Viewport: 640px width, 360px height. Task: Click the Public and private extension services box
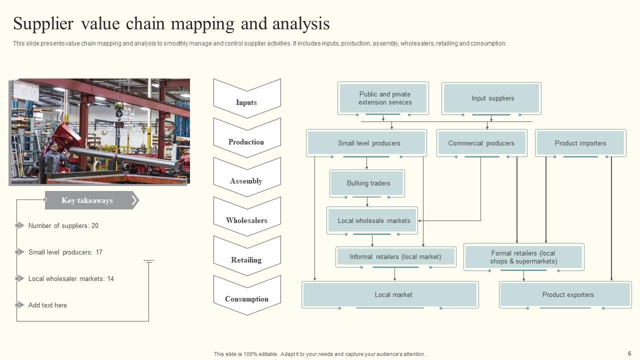383,98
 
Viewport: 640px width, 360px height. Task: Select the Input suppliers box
491,98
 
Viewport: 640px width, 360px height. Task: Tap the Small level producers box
366,143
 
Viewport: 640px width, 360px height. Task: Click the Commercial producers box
481,143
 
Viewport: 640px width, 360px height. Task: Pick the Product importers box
580,143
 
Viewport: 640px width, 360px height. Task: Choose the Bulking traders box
367,183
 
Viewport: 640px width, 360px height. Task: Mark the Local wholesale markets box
372,220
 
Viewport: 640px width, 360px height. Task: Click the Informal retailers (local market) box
395,256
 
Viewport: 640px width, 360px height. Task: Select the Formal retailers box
523,257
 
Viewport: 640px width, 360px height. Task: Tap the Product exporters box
565,294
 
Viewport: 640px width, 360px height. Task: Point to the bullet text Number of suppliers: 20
63,225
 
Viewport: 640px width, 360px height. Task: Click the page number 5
629,353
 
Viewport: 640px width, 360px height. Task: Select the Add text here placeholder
47,305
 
